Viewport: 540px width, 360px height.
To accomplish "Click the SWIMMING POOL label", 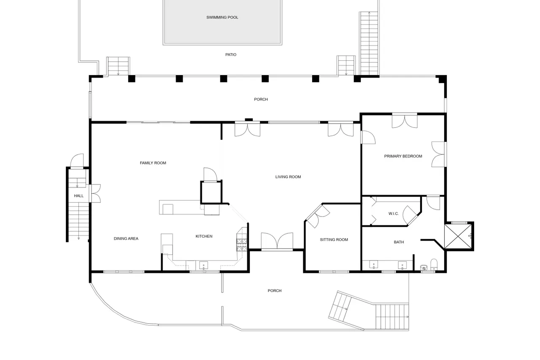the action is [x=222, y=17].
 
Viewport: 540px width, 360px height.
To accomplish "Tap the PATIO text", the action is [x=231, y=55].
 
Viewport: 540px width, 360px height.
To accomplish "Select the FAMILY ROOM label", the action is [x=153, y=163].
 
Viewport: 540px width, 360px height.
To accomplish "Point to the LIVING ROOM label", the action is [x=288, y=177].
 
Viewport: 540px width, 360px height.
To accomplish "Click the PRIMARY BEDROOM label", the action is [x=403, y=156].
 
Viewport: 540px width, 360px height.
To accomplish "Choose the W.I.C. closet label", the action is [x=394, y=214].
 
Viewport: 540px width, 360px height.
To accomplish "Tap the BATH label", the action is [x=399, y=242].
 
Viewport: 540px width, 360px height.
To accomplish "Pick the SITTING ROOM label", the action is [x=334, y=240].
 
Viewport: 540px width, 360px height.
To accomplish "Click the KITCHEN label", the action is [x=204, y=236].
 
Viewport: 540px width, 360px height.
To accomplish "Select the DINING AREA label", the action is [x=126, y=239].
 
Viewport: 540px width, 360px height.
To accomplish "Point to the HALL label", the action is [x=78, y=196].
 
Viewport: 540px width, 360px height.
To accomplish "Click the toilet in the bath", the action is [x=434, y=265].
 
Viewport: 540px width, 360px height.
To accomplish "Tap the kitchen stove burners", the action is [x=242, y=245].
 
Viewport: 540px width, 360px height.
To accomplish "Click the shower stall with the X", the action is [x=458, y=236].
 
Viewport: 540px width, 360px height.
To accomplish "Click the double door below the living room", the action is [x=277, y=241].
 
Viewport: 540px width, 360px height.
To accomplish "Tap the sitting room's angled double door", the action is [x=317, y=215].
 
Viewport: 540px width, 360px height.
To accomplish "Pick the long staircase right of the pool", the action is [x=369, y=43].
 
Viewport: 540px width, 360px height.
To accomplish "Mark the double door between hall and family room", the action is [x=95, y=193].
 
